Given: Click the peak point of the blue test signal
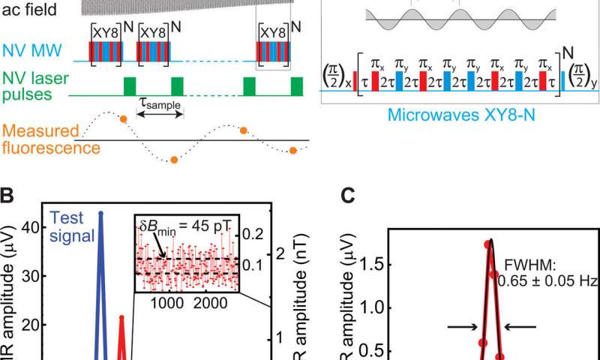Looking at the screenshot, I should tap(101, 213).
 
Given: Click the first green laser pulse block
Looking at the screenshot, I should tap(130, 84).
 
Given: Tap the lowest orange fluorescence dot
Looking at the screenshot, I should tap(173, 159).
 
